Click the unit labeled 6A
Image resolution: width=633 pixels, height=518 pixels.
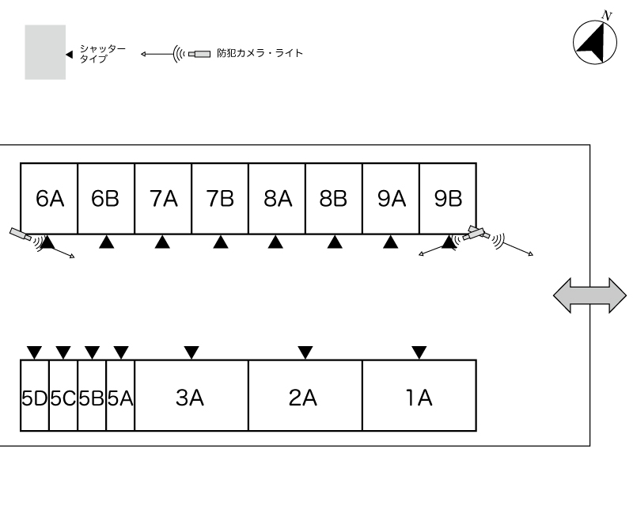point(49,198)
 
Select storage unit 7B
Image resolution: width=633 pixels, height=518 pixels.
point(220,198)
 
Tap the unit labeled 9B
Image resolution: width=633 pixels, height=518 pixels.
point(448,198)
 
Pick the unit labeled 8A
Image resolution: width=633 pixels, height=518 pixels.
point(277,198)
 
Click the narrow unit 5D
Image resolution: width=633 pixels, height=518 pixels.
point(35,395)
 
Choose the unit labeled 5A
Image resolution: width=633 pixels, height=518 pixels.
point(120,395)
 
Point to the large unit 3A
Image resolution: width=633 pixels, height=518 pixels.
point(191,395)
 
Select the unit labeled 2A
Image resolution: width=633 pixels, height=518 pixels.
point(305,395)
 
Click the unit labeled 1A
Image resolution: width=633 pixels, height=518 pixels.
point(419,395)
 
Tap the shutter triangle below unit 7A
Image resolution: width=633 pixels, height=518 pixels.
point(162,243)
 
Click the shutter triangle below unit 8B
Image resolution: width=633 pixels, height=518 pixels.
point(335,243)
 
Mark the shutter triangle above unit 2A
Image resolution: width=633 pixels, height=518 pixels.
point(305,352)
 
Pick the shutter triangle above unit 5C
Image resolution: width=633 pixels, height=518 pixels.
point(63,352)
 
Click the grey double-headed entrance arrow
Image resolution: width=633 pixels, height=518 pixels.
point(589,295)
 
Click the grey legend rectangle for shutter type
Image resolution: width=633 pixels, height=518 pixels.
point(45,52)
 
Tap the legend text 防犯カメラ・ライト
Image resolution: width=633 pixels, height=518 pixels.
point(260,53)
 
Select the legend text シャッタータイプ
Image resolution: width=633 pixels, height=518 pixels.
point(103,54)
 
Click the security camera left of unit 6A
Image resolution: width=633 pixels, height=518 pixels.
point(21,234)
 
